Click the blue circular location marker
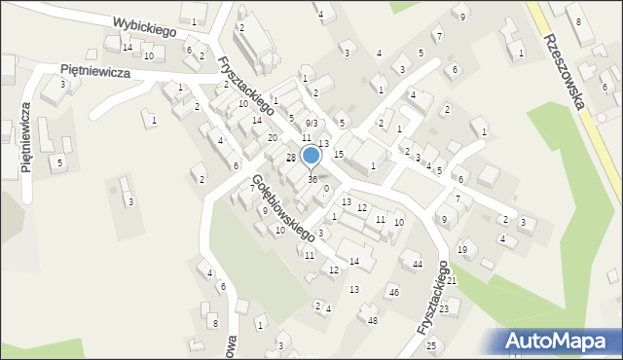coord(311,156)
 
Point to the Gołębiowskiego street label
coord(282,207)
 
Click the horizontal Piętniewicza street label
coord(97,70)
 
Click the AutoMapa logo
coord(560,341)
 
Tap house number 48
coord(372,320)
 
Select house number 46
coord(394,292)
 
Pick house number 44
coord(417,265)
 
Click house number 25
coord(431,345)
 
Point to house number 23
coord(443,309)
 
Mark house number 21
coord(451,280)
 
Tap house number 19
coord(462,250)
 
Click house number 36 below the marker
coord(312,180)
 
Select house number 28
coord(290,158)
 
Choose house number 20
coord(273,138)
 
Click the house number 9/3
coord(311,124)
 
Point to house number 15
coord(339,155)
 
